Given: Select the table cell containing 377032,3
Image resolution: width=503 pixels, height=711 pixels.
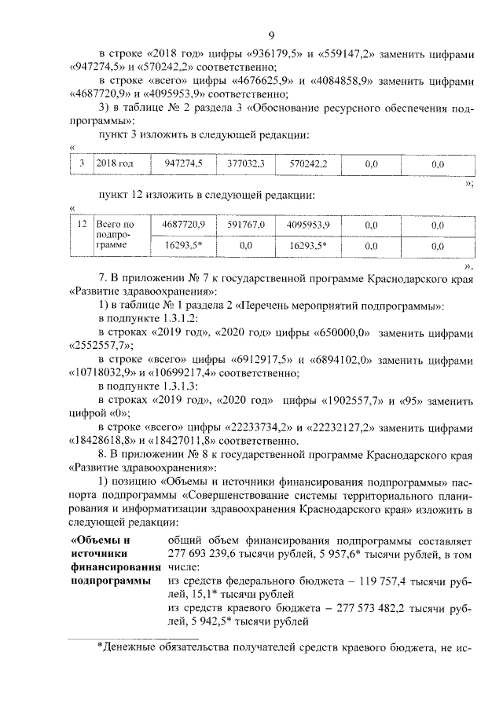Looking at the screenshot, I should click(246, 164).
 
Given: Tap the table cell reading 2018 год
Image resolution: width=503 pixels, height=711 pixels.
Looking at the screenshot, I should click(115, 164).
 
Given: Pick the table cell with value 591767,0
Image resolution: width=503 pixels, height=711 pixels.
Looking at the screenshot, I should click(246, 225).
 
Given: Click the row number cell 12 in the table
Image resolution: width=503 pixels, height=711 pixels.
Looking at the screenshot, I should click(82, 225).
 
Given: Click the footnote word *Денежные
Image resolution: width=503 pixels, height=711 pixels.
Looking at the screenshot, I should click(130, 648).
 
